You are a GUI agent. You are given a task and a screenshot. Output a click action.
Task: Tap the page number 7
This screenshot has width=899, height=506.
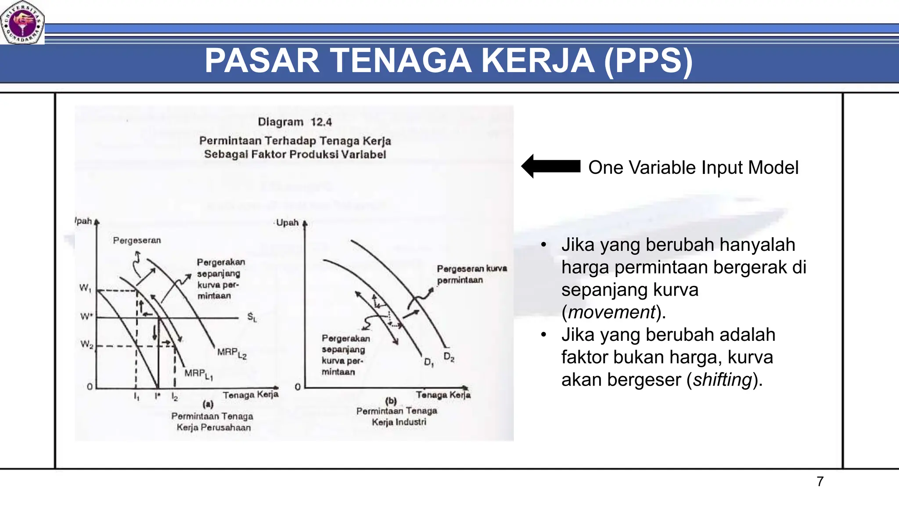[x=820, y=481]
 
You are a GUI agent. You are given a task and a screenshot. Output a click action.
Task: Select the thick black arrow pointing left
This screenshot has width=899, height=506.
[x=551, y=166]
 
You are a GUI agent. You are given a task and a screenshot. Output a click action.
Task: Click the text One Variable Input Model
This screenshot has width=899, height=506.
[x=693, y=168]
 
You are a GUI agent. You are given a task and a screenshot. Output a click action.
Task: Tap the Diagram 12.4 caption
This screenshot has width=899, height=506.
[x=295, y=122]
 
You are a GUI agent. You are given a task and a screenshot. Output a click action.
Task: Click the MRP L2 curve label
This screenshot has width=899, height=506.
[x=232, y=353]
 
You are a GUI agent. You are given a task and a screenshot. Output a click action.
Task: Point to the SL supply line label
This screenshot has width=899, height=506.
[x=252, y=317]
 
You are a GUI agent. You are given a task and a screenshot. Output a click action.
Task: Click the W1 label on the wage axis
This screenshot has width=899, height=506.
[x=85, y=288]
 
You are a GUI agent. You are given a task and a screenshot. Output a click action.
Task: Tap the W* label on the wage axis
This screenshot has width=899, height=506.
[x=86, y=316]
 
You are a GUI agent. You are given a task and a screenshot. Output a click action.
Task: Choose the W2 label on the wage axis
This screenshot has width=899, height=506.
[x=86, y=344]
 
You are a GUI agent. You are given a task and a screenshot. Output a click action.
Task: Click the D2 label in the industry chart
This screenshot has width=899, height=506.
[x=449, y=357]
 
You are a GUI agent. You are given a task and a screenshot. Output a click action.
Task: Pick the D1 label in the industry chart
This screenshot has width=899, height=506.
[x=429, y=362]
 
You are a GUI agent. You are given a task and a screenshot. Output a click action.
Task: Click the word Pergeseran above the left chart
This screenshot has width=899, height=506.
[x=137, y=240]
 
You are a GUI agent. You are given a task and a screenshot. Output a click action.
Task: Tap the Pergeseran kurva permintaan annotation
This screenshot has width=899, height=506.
[x=471, y=274]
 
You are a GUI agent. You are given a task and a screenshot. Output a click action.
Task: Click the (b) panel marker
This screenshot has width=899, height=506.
[x=391, y=401]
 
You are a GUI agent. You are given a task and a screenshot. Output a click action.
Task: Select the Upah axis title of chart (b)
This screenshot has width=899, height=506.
[x=287, y=223]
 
